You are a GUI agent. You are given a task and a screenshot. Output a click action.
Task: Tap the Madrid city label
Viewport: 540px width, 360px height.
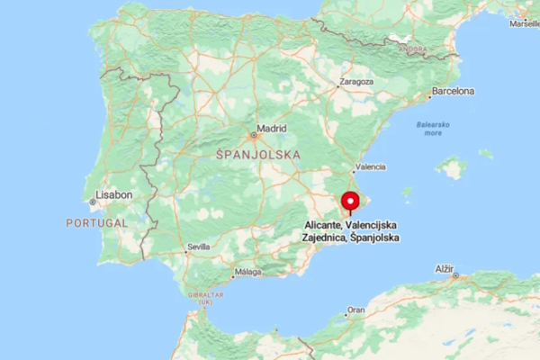click(x=271, y=129)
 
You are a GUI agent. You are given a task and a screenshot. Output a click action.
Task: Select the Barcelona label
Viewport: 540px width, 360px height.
click(x=453, y=92)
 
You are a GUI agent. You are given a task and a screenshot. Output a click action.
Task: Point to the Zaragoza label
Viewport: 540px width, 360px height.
click(x=355, y=81)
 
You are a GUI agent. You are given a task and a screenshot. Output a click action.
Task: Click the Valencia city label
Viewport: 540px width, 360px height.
click(x=371, y=167)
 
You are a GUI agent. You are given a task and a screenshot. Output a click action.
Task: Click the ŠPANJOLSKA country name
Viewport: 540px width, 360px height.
click(x=258, y=155)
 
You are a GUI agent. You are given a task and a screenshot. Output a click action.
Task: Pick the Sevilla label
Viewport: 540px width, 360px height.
click(x=198, y=247)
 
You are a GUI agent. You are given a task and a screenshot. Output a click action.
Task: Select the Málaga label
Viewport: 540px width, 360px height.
click(x=247, y=271)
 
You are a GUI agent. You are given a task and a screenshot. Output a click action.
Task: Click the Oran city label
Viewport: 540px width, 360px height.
click(x=356, y=310)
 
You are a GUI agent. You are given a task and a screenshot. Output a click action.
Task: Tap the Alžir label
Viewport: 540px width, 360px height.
click(x=445, y=269)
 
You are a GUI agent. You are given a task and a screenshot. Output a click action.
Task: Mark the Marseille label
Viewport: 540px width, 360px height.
click(x=525, y=24)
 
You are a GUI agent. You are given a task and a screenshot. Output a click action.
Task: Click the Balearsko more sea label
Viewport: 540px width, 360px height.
click(x=434, y=128)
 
